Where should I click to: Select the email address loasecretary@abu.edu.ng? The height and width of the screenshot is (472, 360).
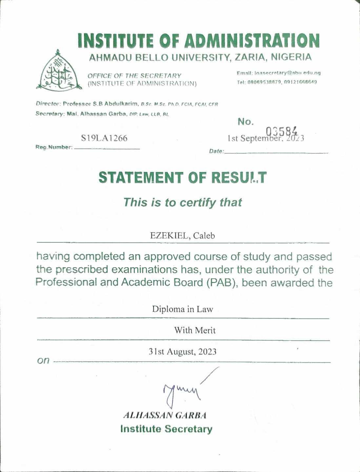(x=279, y=73)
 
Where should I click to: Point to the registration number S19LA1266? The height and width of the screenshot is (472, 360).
(x=104, y=138)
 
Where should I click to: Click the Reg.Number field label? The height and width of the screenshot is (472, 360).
(x=54, y=147)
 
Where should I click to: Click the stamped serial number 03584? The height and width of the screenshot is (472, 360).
(x=282, y=132)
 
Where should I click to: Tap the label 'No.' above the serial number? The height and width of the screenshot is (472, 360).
(x=246, y=122)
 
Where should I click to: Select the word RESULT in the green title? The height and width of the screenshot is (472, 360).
(x=239, y=178)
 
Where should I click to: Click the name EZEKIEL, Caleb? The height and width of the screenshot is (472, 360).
(x=183, y=236)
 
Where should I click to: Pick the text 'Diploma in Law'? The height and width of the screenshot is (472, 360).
(x=183, y=309)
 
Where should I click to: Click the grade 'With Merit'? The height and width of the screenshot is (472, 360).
(x=195, y=330)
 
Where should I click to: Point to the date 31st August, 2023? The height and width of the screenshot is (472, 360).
(x=183, y=352)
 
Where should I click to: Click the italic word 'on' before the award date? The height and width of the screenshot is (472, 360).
(x=43, y=361)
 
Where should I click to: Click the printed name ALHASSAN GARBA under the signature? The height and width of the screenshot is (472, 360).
(x=165, y=415)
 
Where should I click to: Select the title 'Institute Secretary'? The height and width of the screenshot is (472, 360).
(x=166, y=429)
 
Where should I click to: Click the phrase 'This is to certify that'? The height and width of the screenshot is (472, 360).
(x=183, y=202)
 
